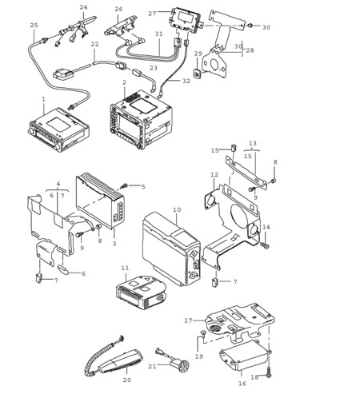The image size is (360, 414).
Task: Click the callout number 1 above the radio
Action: click(44, 99)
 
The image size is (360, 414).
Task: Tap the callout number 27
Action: click(152, 14)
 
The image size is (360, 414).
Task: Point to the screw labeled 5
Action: click(124, 185)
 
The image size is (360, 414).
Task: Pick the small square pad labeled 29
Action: click(198, 74)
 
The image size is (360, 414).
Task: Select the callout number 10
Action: click(177, 209)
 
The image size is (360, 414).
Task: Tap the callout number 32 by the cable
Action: click(186, 81)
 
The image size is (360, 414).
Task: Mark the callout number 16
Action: click(242, 384)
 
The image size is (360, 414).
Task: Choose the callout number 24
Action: click(83, 7)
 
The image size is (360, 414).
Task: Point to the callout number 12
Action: click(214, 175)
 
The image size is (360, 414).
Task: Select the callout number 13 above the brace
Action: click(253, 143)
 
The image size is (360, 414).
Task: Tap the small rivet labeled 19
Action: click(204, 333)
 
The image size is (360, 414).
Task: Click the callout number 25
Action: click(34, 26)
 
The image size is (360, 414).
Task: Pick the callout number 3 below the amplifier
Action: click(114, 243)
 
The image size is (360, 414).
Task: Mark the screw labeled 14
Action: click(266, 246)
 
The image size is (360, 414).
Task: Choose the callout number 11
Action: click(125, 268)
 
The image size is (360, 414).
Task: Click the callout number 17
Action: click(188, 320)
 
